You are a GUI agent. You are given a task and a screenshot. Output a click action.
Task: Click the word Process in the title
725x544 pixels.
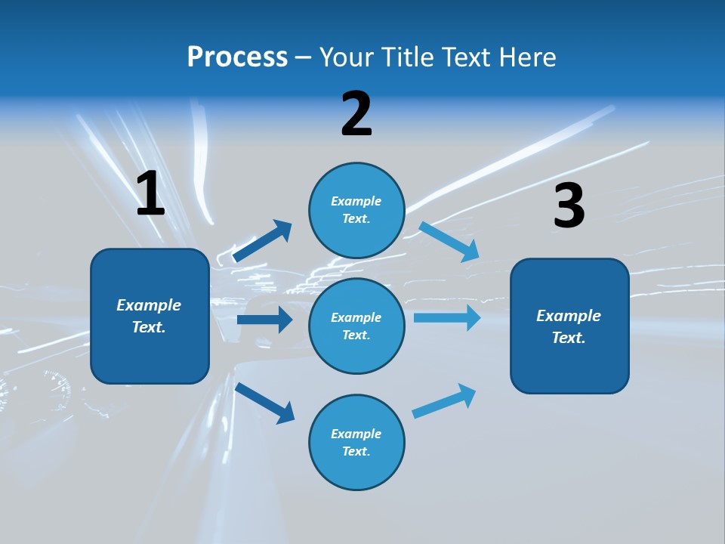tap(237, 57)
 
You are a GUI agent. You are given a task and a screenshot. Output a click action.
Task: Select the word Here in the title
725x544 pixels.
tap(526, 57)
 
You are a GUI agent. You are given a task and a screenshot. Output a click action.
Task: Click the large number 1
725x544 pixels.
tap(150, 194)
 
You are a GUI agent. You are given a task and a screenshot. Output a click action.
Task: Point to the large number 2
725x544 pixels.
tap(356, 115)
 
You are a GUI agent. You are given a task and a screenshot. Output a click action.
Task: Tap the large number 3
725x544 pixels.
tap(569, 206)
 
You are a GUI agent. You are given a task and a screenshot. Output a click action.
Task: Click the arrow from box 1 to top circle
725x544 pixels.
tap(262, 240)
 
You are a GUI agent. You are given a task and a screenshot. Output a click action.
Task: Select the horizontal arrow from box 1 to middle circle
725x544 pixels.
tap(264, 320)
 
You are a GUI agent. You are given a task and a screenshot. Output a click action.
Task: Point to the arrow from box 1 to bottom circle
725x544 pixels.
tap(264, 403)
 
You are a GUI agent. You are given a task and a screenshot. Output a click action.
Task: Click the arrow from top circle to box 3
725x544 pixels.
tap(449, 241)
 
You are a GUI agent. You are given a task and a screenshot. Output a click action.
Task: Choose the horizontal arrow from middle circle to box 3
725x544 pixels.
tap(447, 317)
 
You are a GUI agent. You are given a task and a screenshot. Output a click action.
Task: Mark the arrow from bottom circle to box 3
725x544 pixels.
tap(444, 400)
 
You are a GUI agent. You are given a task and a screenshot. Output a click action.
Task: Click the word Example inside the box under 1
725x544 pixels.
tap(149, 305)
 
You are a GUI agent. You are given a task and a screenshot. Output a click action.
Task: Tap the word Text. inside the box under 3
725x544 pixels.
tap(569, 338)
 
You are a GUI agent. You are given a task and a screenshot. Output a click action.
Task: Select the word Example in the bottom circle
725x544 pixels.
tap(356, 434)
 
